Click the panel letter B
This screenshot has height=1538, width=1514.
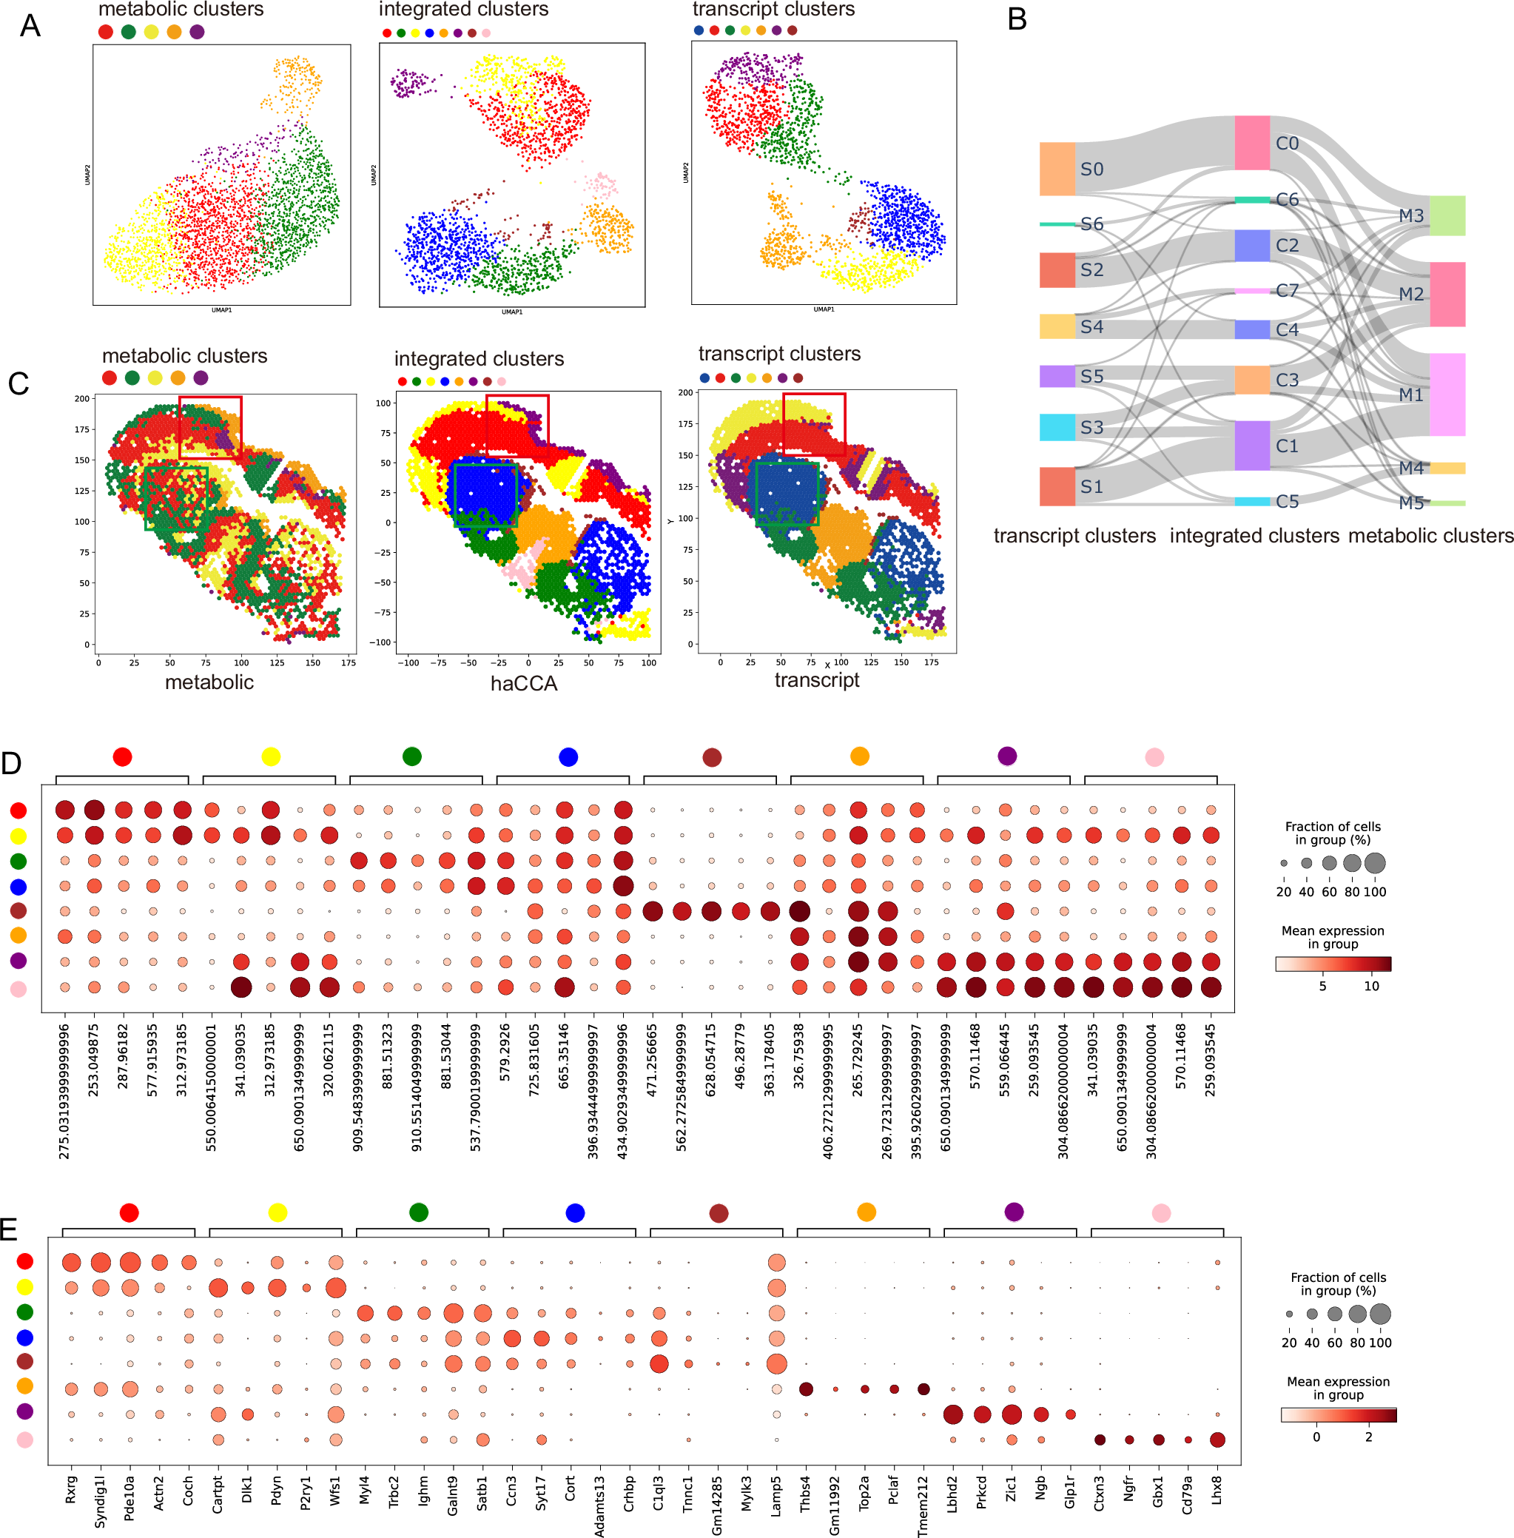coord(1016,19)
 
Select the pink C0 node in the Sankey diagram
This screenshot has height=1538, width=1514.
coord(1251,142)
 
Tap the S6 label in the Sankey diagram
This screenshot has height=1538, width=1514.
coord(1091,224)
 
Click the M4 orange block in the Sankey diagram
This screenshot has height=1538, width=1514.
coord(1447,468)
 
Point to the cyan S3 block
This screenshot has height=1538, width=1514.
coord(1057,427)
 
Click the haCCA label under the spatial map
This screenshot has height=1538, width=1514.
coord(523,683)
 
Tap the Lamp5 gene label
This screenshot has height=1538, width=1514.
coord(776,1491)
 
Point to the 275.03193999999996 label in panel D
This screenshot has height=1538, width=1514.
coord(64,1090)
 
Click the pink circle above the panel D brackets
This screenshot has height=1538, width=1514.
coord(1154,756)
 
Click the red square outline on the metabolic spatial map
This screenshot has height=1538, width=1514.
coord(210,427)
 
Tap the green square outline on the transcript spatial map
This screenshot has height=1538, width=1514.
coord(787,494)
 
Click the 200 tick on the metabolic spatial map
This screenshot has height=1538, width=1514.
coord(82,398)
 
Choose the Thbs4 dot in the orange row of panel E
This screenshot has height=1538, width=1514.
coord(806,1388)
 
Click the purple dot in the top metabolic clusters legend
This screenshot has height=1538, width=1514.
coord(197,32)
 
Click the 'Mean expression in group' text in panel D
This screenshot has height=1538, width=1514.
coord(1333,937)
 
